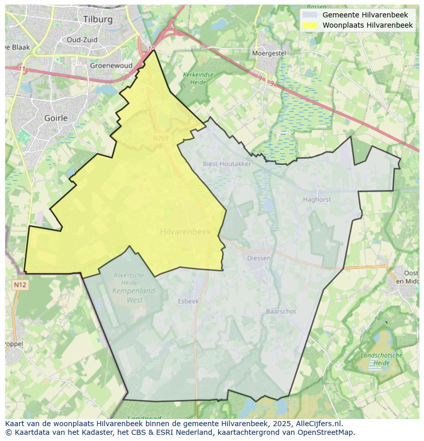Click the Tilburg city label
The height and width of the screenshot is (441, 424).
pyautogui.click(x=97, y=19)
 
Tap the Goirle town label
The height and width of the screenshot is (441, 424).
pyautogui.click(x=56, y=118)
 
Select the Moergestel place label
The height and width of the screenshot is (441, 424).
pyautogui.click(x=269, y=53)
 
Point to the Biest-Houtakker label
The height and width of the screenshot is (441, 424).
pyautogui.click(x=227, y=164)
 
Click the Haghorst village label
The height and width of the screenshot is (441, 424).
pyautogui.click(x=316, y=200)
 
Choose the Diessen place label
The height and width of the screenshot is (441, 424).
pyautogui.click(x=259, y=258)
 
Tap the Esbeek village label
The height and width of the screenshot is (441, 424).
pyautogui.click(x=188, y=301)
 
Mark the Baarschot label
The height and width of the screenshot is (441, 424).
pyautogui.click(x=281, y=311)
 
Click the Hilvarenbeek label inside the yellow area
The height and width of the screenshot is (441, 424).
pyautogui.click(x=185, y=232)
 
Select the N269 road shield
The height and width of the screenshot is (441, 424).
pyautogui.click(x=160, y=138)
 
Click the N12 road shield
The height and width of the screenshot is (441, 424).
pyautogui.click(x=20, y=285)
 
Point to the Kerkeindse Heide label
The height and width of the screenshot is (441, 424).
pyautogui.click(x=198, y=78)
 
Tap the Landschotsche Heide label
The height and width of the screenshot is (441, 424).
pyautogui.click(x=381, y=359)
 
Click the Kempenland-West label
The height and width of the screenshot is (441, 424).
pyautogui.click(x=135, y=296)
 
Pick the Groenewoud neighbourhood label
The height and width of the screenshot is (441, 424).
pyautogui.click(x=111, y=66)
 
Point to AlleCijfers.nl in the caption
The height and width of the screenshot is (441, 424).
pyautogui.click(x=317, y=424)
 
